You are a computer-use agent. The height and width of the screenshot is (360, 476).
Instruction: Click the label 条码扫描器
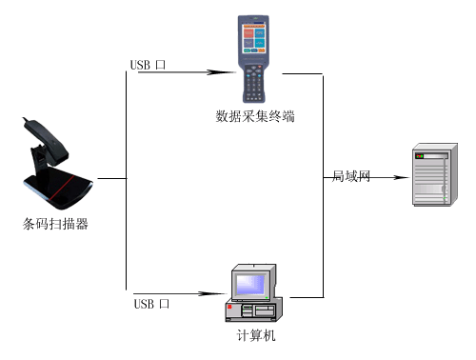pos(55,224)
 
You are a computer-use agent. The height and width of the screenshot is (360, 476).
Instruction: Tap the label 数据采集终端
pos(255,116)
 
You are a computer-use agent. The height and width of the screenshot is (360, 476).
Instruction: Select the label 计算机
pos(256,335)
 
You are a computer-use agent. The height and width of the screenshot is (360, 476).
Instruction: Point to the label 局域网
pos(351,176)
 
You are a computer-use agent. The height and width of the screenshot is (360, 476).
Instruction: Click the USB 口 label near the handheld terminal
pos(148,65)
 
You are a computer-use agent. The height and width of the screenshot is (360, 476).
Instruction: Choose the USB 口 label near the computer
pos(151,304)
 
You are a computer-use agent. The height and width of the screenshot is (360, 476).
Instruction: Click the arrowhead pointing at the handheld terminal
pos(222,72)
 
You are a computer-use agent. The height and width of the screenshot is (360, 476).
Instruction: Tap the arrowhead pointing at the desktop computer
pos(212,293)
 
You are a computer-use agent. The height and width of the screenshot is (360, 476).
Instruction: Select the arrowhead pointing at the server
pos(401,177)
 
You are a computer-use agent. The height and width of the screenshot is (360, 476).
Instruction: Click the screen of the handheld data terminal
pos(254,38)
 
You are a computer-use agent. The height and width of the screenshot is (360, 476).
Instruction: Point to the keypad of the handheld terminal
pos(253,83)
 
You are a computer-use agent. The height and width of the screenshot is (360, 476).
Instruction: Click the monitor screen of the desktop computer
pos(250,284)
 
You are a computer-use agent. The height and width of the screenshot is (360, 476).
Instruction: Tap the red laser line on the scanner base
pos(62,188)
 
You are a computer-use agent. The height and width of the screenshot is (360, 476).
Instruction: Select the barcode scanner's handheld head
pos(47,141)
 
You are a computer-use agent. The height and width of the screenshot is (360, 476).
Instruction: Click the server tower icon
pos(435,174)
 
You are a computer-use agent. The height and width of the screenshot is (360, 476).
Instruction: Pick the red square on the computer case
pos(229,307)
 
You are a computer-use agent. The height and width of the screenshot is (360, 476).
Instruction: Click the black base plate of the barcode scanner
pos(59,189)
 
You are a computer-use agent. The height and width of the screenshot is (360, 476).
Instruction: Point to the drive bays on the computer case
pos(258,310)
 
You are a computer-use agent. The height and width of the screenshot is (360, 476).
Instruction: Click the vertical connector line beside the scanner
pos(127,180)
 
